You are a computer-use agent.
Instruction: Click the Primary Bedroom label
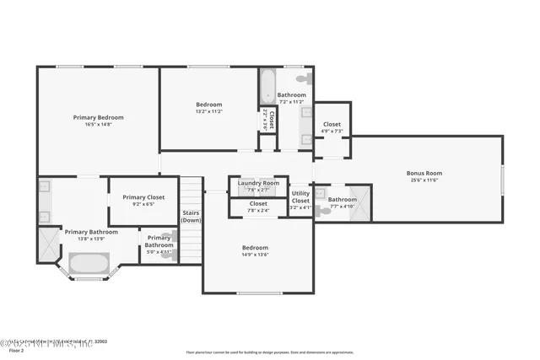coord(98,116)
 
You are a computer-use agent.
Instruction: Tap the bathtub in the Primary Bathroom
coord(88,264)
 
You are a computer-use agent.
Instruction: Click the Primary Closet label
coord(143,197)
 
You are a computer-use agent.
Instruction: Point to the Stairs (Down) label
coord(192,217)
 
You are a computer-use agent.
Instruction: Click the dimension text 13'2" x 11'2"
coord(208,110)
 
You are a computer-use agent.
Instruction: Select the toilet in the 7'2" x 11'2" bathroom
coord(309,79)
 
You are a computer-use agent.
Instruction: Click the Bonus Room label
coord(424,173)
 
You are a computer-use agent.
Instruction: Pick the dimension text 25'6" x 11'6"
coord(424,180)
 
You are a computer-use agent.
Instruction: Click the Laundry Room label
coord(258,183)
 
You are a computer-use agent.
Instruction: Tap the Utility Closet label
coord(300,197)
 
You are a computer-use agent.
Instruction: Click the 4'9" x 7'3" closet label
coord(332,124)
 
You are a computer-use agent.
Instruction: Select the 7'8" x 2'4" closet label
coord(258,203)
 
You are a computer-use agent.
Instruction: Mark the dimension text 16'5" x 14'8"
coord(98,123)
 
